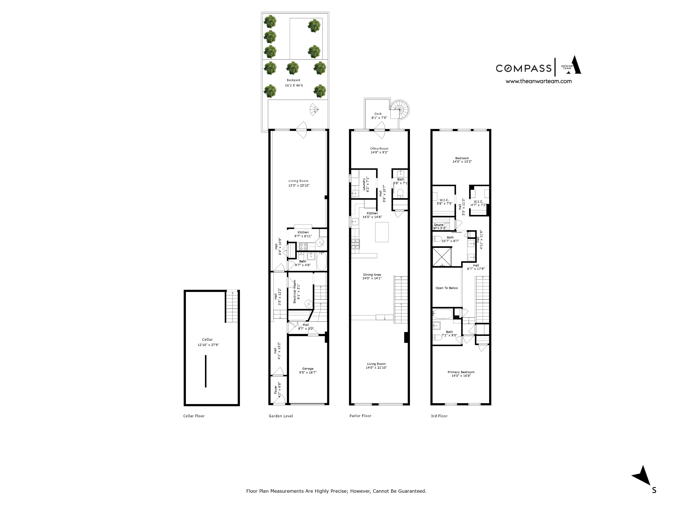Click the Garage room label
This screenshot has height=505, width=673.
[x=308, y=369]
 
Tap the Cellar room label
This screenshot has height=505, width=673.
[x=207, y=339]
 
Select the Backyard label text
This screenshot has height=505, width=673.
[x=293, y=80]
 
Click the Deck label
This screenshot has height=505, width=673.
[x=378, y=114]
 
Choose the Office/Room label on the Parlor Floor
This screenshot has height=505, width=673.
[x=379, y=148]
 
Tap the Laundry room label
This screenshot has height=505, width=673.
[x=364, y=184]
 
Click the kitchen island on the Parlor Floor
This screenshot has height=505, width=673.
[x=382, y=232]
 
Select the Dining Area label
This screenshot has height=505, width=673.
[x=372, y=274]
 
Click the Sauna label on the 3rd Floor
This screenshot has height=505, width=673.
[x=438, y=225]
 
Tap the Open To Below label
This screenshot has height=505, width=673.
[x=446, y=288]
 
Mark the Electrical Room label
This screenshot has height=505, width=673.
[x=294, y=292]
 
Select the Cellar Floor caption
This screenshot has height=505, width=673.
[x=194, y=416]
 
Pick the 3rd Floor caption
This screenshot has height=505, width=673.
[x=439, y=416]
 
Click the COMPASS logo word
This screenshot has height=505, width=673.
[x=523, y=68]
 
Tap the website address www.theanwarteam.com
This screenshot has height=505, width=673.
[x=539, y=81]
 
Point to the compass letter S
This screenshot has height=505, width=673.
[x=654, y=490]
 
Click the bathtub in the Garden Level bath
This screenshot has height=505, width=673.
[x=321, y=261]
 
